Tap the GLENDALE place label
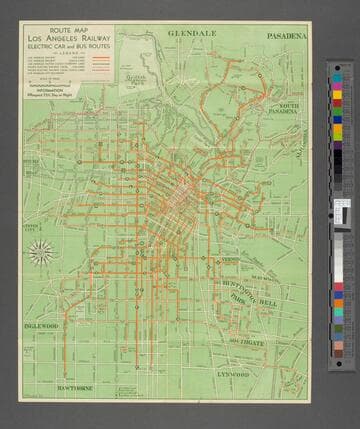192,33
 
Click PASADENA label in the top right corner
288,35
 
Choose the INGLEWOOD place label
42,326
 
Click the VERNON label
230,260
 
